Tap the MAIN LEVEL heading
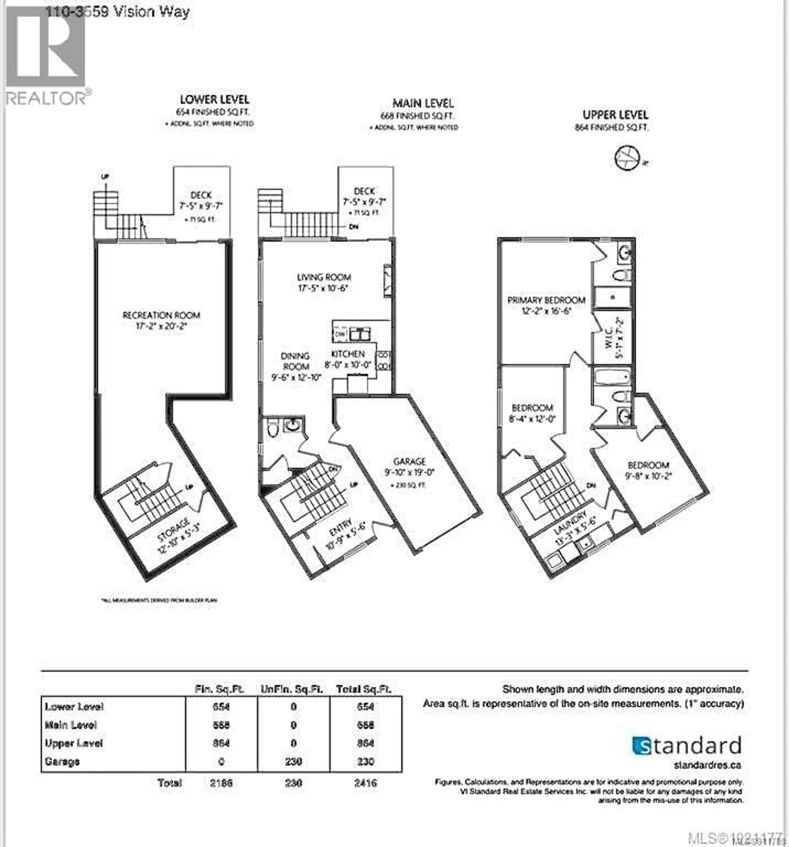pyautogui.click(x=423, y=103)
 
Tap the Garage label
pyautogui.click(x=409, y=461)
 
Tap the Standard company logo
pyautogui.click(x=686, y=746)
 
